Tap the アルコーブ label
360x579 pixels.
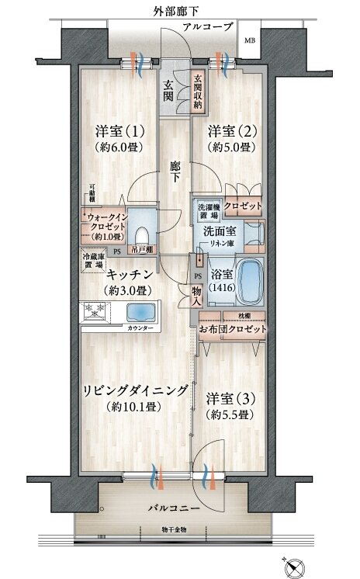click(x=207, y=27)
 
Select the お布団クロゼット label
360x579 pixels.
click(x=233, y=329)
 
